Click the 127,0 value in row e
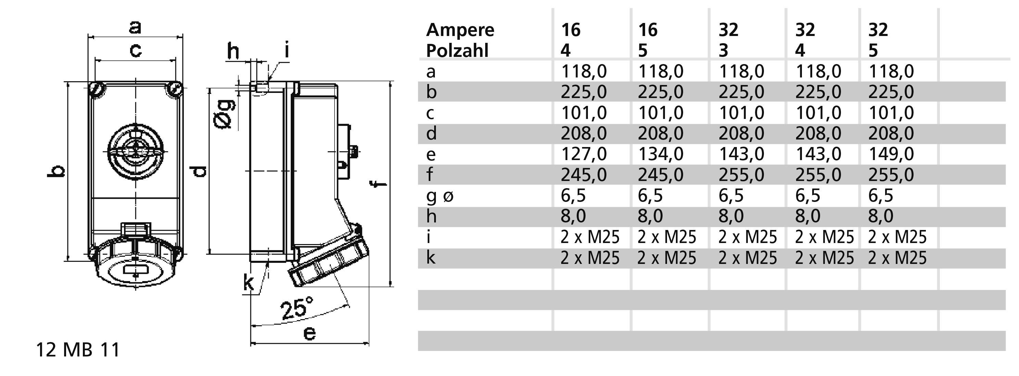tap(583, 154)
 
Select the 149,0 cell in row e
tap(891, 154)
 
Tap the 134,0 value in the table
tap(660, 154)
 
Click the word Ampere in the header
tap(460, 30)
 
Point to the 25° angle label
tap(296, 308)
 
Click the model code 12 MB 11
tap(78, 350)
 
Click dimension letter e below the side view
tap(309, 333)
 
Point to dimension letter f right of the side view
tap(378, 184)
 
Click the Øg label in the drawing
tap(224, 114)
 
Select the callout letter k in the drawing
tap(249, 283)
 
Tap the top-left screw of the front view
tap(96, 89)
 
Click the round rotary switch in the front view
tap(135, 151)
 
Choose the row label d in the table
tap(431, 133)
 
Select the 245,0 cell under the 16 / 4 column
tap(583, 174)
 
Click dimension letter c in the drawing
tap(135, 51)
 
